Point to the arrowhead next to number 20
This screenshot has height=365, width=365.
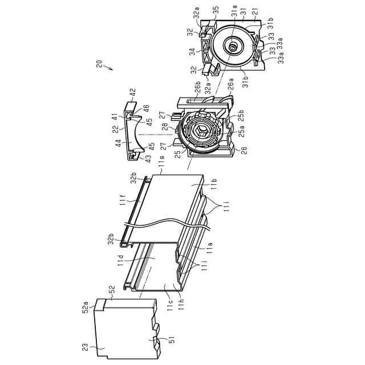(x=112, y=70)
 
